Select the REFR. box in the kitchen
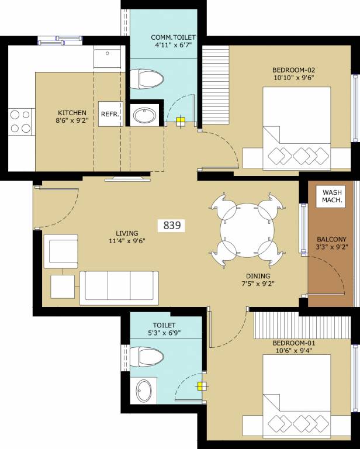[x=110, y=115]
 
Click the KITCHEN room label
[x=72, y=113]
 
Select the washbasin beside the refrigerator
[x=144, y=115]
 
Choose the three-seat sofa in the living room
[x=119, y=284]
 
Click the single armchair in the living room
[x=63, y=251]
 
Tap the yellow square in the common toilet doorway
[x=181, y=122]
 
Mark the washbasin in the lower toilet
[x=144, y=390]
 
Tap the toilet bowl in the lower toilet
[x=146, y=355]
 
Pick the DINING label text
[x=258, y=276]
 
